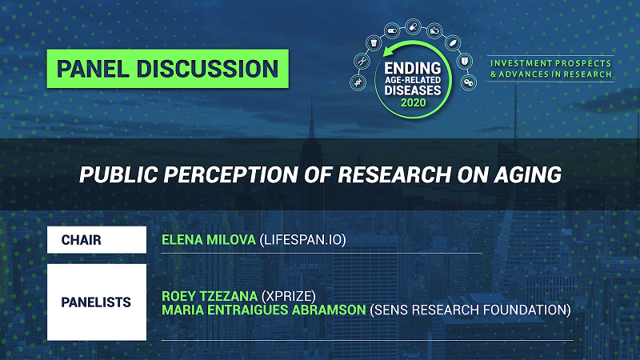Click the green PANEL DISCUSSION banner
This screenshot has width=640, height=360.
click(x=168, y=69)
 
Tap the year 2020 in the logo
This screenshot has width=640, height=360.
click(x=413, y=102)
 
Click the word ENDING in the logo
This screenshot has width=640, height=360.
click(x=413, y=68)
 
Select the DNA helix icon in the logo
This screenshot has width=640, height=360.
click(x=358, y=82)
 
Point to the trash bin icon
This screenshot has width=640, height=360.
click(x=374, y=42)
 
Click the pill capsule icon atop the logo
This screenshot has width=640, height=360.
click(x=413, y=27)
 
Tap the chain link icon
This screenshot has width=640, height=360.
click(x=469, y=83)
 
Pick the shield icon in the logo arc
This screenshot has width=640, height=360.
click(x=465, y=62)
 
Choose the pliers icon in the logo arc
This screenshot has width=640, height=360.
click(x=362, y=62)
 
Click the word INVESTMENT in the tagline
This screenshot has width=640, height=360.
click(x=515, y=63)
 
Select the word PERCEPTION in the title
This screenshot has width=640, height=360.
click(x=231, y=174)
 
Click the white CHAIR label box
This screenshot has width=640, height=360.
click(x=97, y=240)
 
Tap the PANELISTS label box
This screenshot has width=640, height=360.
click(x=97, y=302)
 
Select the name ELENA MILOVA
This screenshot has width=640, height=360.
click(x=209, y=239)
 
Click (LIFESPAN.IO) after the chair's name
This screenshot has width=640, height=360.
click(x=303, y=239)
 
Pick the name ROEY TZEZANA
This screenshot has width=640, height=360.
click(x=210, y=296)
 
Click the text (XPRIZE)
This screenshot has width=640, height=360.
click(x=289, y=296)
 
